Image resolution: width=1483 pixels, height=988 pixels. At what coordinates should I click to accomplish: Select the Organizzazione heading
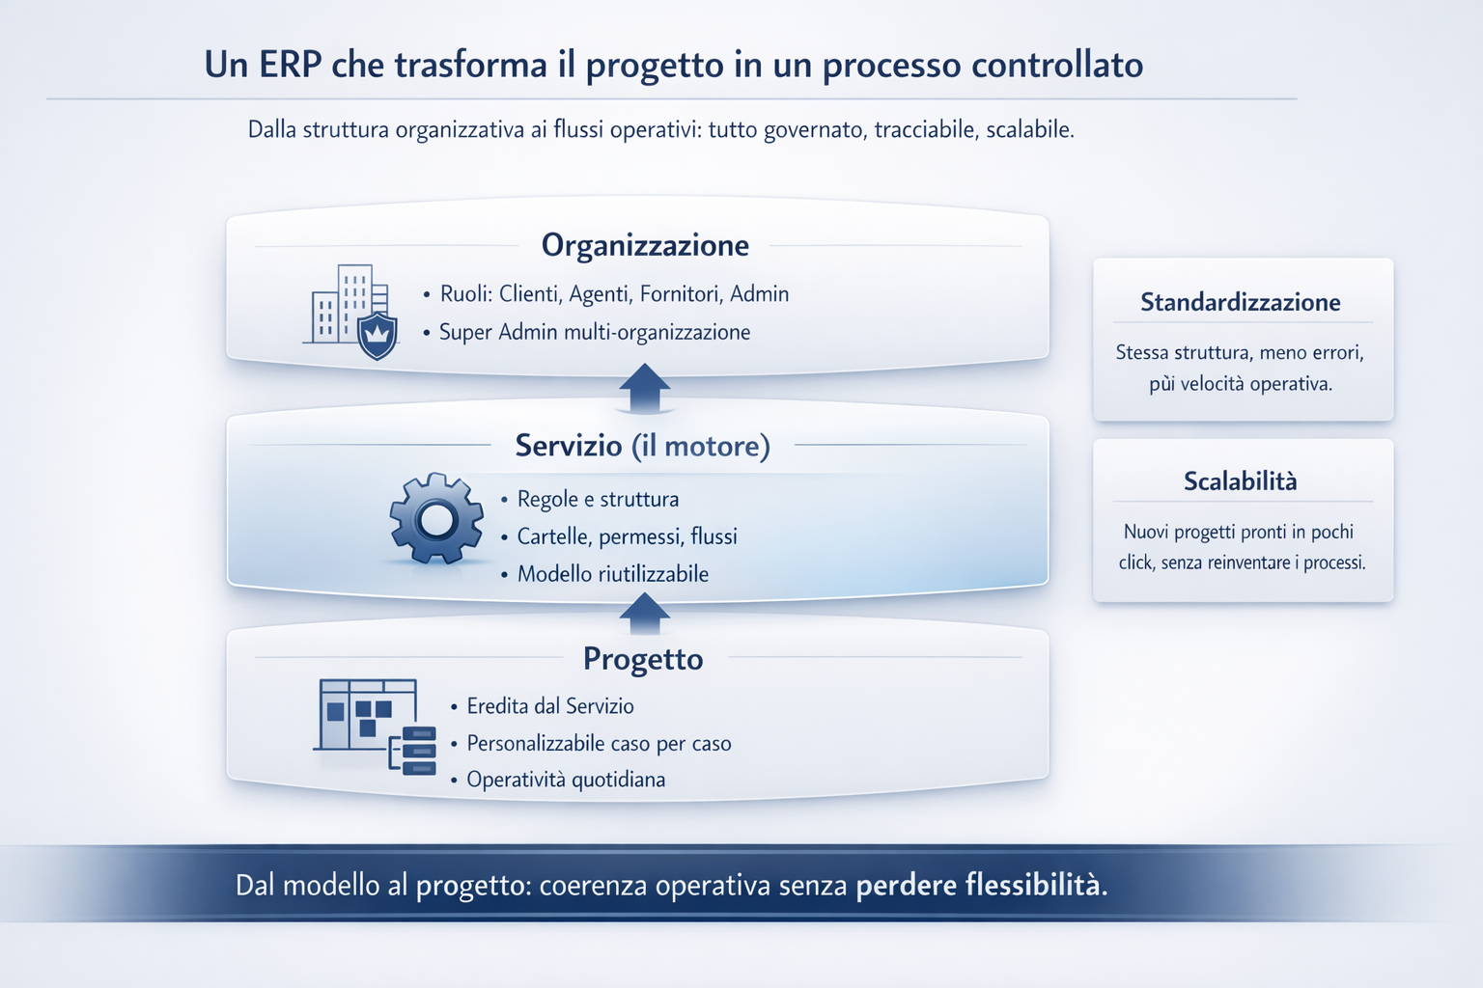click(645, 245)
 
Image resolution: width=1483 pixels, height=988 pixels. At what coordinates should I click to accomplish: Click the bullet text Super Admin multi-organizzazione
click(594, 332)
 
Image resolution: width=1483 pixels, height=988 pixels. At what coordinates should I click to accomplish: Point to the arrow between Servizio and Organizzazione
click(644, 388)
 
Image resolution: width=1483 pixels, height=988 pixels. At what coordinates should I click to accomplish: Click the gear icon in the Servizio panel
click(436, 519)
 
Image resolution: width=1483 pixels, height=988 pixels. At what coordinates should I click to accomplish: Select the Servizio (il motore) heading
click(642, 446)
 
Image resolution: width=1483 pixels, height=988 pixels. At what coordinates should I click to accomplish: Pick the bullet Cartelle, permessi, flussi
click(627, 536)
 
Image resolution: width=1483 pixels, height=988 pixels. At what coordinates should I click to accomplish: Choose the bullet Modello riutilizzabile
click(612, 574)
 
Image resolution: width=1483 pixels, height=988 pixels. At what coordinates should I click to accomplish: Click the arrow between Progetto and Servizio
click(644, 614)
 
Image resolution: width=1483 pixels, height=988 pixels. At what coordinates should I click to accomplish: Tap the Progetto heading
click(643, 659)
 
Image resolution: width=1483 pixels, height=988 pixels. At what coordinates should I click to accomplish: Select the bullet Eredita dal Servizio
click(549, 706)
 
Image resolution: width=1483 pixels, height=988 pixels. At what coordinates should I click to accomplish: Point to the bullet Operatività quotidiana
click(566, 780)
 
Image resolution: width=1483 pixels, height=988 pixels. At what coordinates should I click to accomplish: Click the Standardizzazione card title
click(1240, 303)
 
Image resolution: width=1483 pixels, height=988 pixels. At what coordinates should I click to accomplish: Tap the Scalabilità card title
click(1240, 481)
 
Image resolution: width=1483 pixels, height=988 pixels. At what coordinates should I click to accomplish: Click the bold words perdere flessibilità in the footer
click(981, 886)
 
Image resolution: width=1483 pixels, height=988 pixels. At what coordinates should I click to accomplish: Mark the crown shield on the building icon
click(377, 335)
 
